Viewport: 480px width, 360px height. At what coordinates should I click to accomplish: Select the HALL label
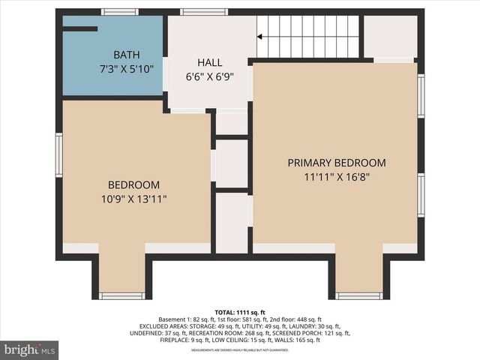pos(209,61)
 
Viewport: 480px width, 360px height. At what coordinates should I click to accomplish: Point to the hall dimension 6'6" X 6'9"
pos(209,75)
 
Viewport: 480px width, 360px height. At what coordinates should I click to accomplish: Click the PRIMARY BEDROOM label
pos(337,163)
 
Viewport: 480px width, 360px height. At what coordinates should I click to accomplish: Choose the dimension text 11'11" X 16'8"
pos(337,178)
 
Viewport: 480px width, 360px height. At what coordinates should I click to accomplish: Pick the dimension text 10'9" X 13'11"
pos(133,199)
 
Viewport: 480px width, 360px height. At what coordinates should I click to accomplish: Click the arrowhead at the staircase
pos(260,35)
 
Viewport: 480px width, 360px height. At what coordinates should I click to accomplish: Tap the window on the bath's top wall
pos(120,12)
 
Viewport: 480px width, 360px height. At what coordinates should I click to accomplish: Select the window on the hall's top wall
pos(204,12)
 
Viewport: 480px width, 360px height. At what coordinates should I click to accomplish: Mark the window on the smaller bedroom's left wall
pos(59,155)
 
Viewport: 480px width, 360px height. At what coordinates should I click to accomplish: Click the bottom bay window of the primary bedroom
pos(358,295)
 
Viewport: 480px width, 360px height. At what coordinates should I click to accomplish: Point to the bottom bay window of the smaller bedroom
pos(122,295)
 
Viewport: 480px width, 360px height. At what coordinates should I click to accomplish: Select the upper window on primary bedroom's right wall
pos(421,95)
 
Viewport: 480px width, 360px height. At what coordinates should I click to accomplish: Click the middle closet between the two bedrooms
pos(232,163)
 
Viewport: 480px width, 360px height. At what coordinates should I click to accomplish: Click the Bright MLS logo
pos(30,349)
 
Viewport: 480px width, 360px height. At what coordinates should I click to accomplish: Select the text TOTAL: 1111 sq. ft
pos(240,311)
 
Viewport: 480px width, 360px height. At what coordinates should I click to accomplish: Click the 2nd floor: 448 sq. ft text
pos(300,319)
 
